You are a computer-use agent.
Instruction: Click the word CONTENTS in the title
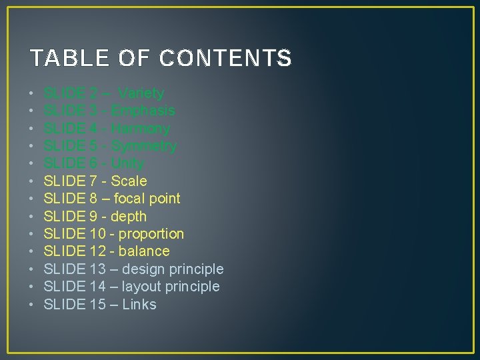[x=225, y=59]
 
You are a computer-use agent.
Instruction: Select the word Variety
[x=141, y=93]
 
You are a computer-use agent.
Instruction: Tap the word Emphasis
[x=143, y=111]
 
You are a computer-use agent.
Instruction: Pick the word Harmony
[x=141, y=129]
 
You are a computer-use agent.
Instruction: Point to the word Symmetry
[x=144, y=146]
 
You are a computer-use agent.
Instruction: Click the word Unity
[x=128, y=163]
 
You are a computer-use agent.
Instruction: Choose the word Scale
[x=129, y=181]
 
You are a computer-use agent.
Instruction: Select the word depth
[x=129, y=216]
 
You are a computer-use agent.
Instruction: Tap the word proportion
[x=151, y=234]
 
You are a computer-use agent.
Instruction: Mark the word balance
[x=144, y=251]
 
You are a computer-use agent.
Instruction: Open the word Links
[x=139, y=305]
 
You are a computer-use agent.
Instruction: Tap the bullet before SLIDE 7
[x=32, y=181]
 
